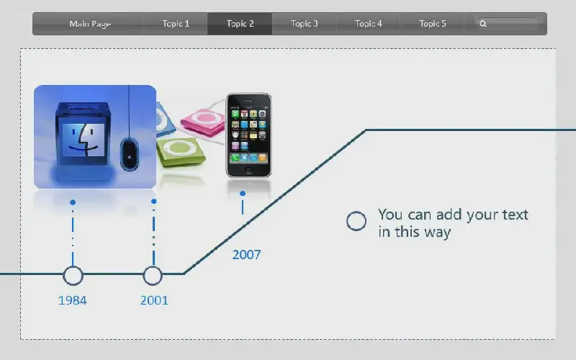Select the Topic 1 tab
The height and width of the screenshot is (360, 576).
[175, 24]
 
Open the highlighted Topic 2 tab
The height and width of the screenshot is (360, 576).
[240, 24]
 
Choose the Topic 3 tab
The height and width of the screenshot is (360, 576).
[304, 24]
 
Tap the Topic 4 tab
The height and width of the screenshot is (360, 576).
[368, 24]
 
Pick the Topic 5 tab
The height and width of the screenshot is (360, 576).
[433, 24]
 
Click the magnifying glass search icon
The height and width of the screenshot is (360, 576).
[483, 24]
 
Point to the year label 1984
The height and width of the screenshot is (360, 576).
[73, 300]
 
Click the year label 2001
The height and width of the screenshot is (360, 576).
[154, 300]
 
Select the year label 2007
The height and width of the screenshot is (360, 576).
[246, 255]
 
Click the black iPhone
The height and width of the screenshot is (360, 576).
[248, 135]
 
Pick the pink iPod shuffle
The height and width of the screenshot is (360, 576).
[203, 122]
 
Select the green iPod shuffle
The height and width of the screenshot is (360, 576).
[181, 153]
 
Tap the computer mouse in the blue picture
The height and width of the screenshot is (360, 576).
[130, 154]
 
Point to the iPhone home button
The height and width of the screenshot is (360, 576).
[248, 171]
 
